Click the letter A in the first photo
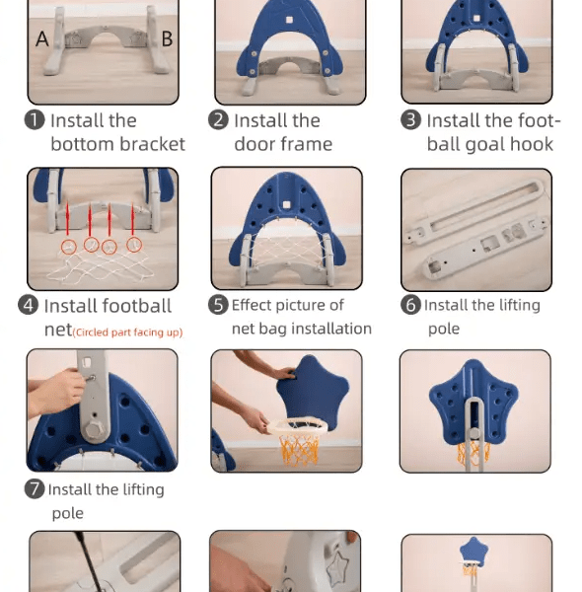point(41,38)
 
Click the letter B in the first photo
point(167,38)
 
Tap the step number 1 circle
point(35,120)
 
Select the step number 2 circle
point(218,120)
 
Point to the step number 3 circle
point(410,120)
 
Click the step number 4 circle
point(28,305)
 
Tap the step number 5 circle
point(218,305)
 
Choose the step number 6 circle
point(410,305)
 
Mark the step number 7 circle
point(35,488)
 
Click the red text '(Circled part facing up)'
point(127,333)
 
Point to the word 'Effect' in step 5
point(251,305)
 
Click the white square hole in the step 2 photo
point(289,20)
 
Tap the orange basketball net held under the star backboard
point(300,450)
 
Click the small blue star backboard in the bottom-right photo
point(473,551)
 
